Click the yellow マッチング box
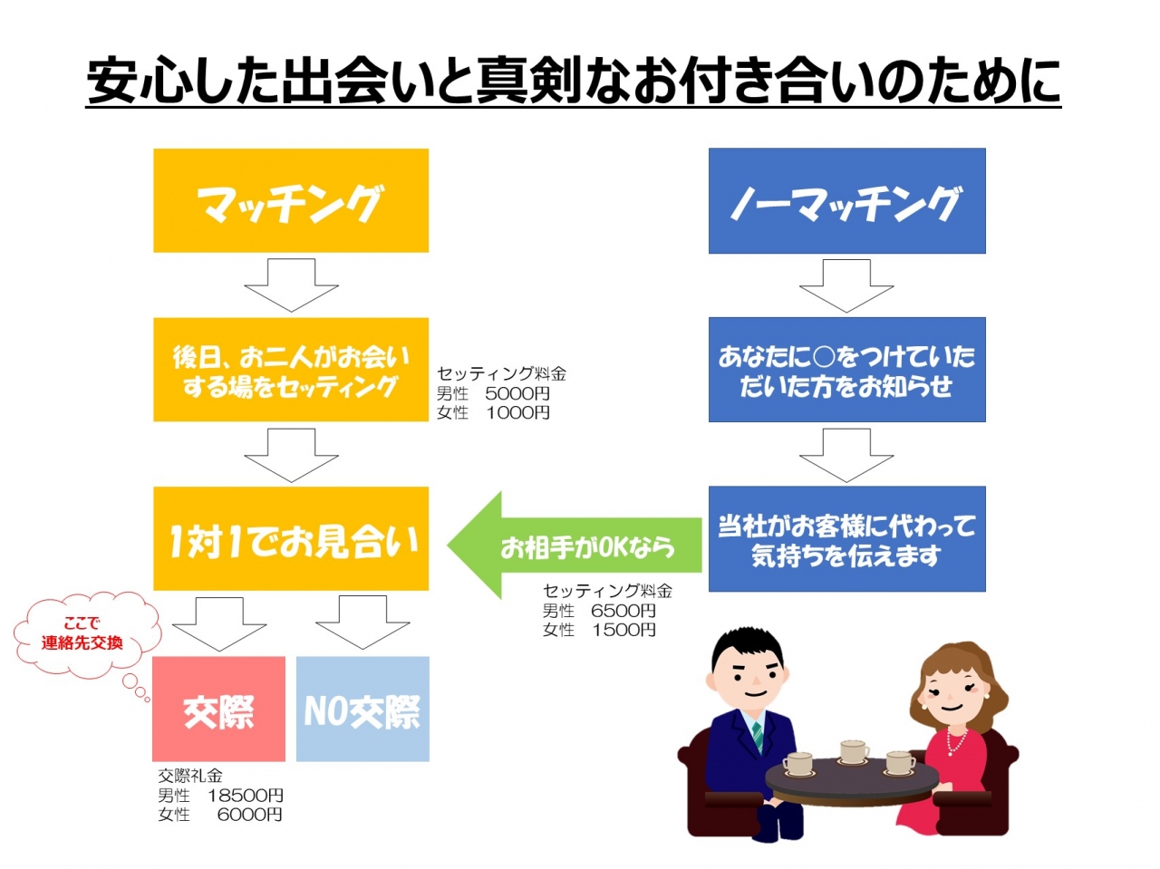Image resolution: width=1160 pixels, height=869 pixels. click(x=291, y=201)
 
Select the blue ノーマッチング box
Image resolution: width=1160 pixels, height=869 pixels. click(x=846, y=201)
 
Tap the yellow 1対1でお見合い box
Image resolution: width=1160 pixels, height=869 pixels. click(x=291, y=538)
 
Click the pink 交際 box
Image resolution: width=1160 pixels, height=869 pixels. click(x=218, y=709)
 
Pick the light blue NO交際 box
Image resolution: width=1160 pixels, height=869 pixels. click(x=362, y=709)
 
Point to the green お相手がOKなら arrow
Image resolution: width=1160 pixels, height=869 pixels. click(x=575, y=546)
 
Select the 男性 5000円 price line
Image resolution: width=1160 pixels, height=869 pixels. click(x=493, y=393)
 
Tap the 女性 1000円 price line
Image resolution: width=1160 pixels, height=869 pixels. click(x=493, y=412)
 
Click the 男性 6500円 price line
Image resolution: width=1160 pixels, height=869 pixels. click(x=599, y=610)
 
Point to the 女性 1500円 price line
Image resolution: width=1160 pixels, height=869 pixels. click(x=599, y=629)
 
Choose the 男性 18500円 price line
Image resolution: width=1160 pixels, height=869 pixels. click(x=220, y=795)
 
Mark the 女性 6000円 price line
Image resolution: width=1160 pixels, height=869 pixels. click(x=220, y=814)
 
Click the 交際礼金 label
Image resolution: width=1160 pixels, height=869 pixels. click(x=189, y=776)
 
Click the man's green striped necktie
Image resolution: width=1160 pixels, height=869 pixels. click(x=758, y=736)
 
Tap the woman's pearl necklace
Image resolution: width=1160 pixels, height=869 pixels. click(x=956, y=739)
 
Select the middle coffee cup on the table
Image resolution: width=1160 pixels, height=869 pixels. click(x=854, y=752)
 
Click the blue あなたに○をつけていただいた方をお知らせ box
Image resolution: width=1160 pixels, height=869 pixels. click(x=846, y=370)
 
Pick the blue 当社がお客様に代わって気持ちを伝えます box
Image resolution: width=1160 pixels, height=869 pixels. click(x=846, y=539)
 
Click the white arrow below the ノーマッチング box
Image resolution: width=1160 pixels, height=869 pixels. click(x=846, y=285)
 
